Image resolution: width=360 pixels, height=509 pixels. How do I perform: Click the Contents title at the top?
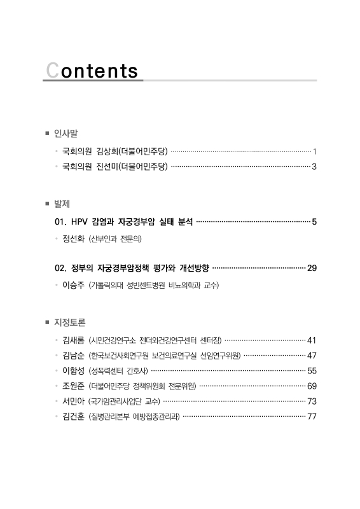(92, 70)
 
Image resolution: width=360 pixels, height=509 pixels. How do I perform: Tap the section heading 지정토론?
(69, 322)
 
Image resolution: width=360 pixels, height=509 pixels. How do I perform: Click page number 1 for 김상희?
(315, 151)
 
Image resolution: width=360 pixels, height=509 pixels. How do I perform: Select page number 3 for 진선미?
(314, 167)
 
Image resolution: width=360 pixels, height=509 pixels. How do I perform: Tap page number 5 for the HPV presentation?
(314, 222)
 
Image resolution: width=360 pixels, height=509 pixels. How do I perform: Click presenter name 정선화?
(73, 239)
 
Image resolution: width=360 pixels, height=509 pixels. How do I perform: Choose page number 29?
(312, 268)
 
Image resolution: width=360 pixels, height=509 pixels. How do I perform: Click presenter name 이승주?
(73, 285)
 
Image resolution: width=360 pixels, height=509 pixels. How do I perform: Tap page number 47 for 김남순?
(312, 355)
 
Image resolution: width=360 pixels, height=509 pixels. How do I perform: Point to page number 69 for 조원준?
(312, 386)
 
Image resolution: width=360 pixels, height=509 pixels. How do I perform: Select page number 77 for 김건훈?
(312, 416)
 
